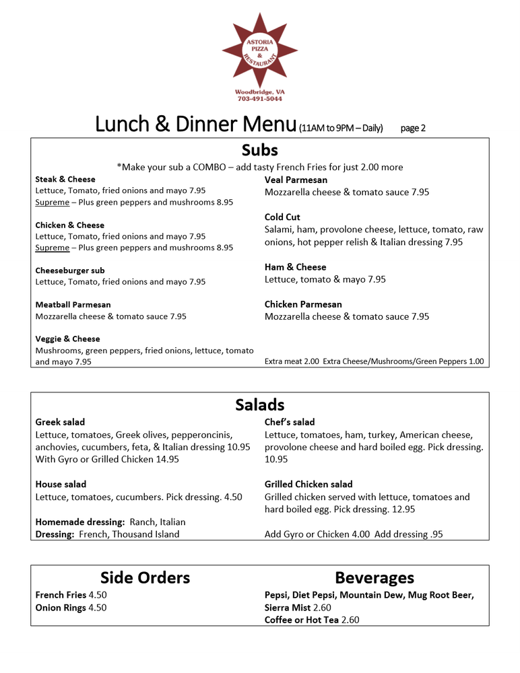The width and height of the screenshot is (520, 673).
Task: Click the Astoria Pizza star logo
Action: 259,53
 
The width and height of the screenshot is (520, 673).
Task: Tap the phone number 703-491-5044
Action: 259,99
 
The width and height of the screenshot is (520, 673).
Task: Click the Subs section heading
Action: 259,149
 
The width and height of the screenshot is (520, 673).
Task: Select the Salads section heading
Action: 259,404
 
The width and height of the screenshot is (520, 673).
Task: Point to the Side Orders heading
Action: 145,577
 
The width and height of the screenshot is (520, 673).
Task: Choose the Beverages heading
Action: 375,577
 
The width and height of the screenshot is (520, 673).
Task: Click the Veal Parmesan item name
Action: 296,180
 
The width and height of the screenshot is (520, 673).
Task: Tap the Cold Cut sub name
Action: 282,217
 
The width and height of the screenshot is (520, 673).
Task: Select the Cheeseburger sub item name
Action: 70,271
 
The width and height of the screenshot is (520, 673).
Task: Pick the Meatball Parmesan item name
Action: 73,305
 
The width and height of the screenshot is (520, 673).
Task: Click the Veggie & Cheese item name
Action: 67,339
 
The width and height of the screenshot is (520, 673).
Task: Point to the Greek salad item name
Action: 60,422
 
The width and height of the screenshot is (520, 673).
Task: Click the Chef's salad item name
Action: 290,422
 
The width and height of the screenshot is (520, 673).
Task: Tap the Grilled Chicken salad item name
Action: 308,485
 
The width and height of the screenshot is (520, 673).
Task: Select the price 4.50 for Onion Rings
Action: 98,608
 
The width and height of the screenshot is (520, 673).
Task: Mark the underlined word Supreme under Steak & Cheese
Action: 52,202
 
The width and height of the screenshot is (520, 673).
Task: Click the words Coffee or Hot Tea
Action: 302,620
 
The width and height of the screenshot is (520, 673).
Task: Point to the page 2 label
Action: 413,128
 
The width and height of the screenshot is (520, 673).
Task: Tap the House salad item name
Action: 61,485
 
